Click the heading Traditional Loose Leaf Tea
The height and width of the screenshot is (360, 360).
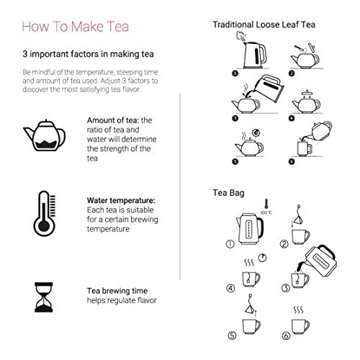click(264, 24)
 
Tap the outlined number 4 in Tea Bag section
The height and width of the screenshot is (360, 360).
click(231, 288)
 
